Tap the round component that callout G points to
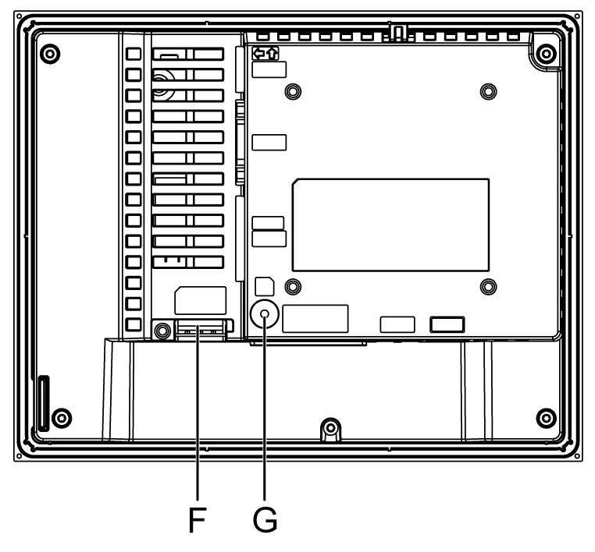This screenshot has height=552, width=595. pyautogui.click(x=265, y=314)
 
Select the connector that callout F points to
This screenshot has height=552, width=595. pyautogui.click(x=201, y=330)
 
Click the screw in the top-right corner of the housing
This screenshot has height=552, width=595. pyautogui.click(x=547, y=55)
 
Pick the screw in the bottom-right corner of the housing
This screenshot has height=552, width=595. pyautogui.click(x=547, y=415)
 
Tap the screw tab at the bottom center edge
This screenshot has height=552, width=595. pyautogui.click(x=330, y=428)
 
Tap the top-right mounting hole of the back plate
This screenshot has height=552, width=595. pyautogui.click(x=488, y=91)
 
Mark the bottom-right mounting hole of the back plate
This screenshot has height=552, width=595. pyautogui.click(x=488, y=285)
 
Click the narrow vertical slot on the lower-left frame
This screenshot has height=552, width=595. pyautogui.click(x=43, y=402)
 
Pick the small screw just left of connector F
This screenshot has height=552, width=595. pyautogui.click(x=161, y=330)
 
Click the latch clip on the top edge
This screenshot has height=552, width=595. pyautogui.click(x=397, y=33)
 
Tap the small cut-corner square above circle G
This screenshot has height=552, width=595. pyautogui.click(x=265, y=284)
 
